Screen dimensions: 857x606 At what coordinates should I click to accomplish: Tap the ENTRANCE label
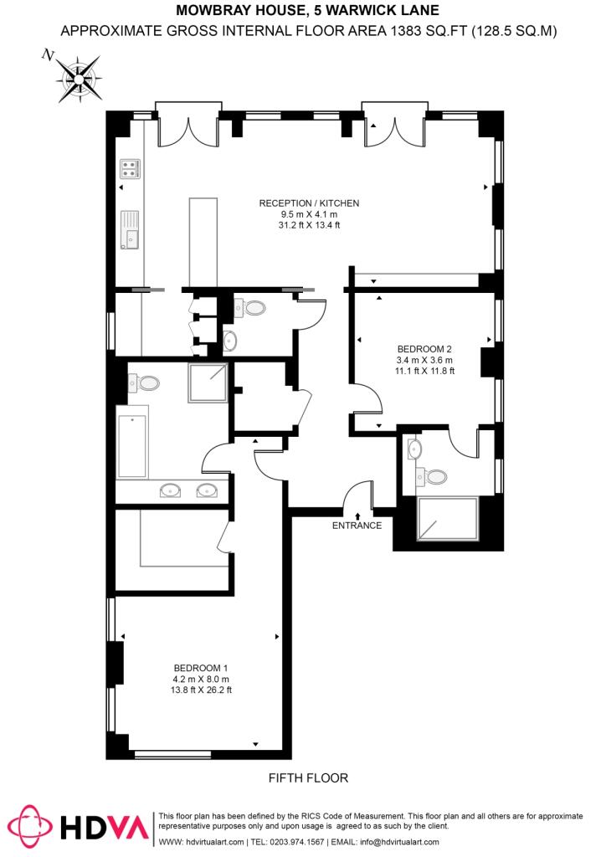coord(357,526)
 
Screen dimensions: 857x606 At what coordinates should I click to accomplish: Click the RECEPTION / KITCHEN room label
coord(309,203)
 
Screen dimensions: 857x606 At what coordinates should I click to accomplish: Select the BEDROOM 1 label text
coord(201,667)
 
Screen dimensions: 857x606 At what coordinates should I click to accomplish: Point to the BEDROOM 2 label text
coord(424,349)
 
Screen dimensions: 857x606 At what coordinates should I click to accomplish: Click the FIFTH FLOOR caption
coord(308,778)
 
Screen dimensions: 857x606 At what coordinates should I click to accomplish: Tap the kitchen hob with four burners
coord(130,169)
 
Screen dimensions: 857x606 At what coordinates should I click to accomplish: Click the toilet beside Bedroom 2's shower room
coord(434,476)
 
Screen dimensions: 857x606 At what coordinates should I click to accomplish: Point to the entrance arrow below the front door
coord(357,516)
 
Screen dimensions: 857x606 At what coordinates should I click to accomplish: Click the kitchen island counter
coord(203,241)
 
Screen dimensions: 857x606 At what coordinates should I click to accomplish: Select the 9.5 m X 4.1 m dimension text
coord(309,214)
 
